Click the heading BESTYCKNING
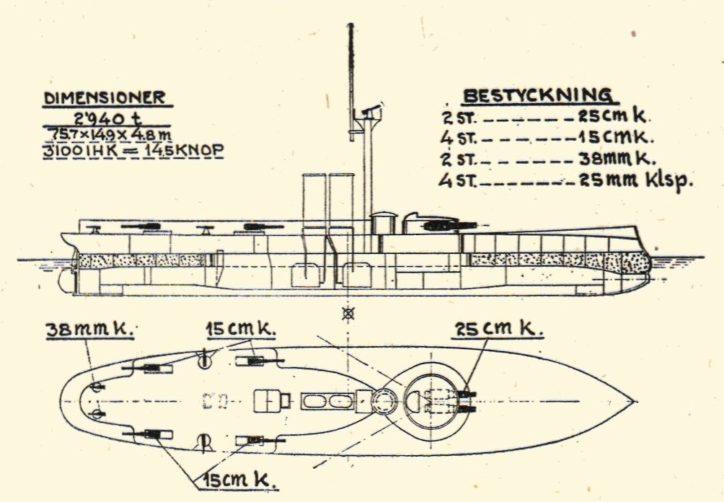tap(538, 97)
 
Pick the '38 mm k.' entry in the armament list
tap(617, 159)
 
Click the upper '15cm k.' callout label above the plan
tap(241, 330)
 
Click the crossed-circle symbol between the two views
tap(351, 314)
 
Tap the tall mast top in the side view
tap(350, 29)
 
